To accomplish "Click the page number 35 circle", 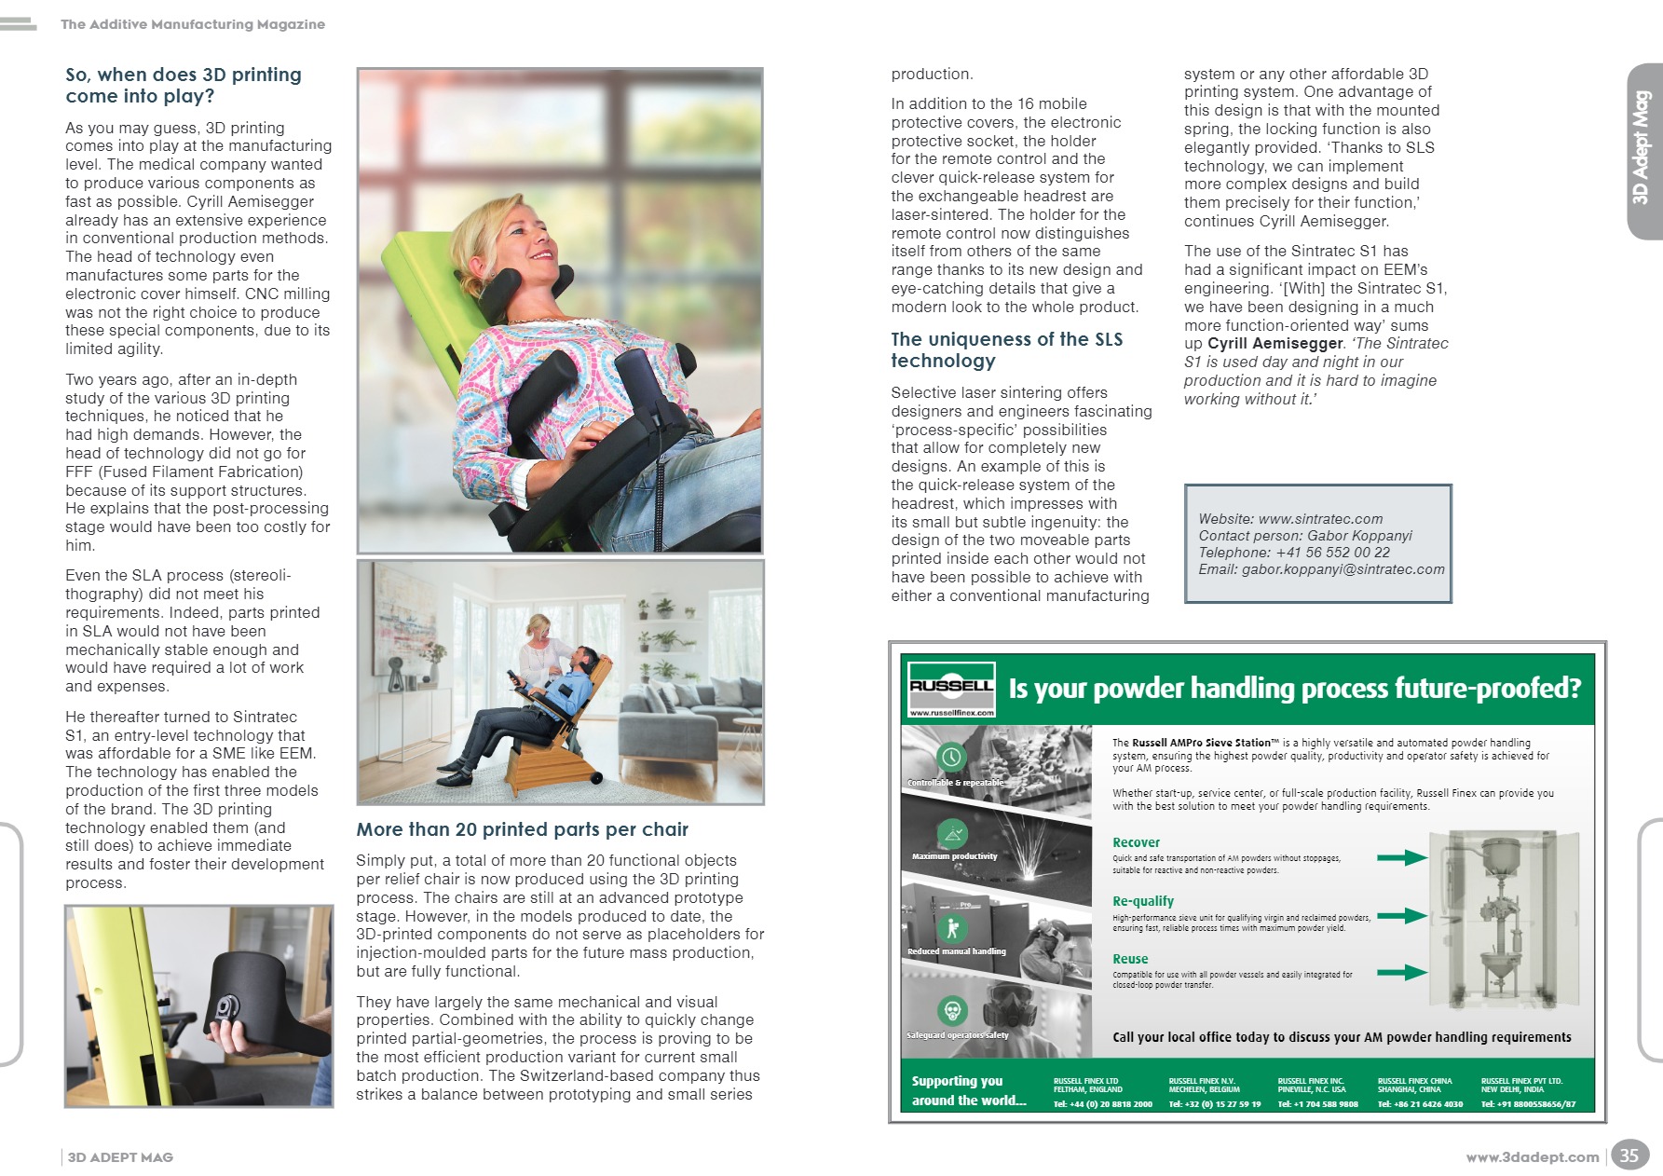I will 1629,1155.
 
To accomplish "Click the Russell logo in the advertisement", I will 951,687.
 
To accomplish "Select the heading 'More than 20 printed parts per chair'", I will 522,829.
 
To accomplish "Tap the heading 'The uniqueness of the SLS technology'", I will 1006,349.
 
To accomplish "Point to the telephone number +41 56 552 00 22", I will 1332,553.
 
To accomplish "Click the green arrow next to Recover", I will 1402,857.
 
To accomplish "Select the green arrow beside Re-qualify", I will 1402,915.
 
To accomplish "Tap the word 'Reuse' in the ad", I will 1130,959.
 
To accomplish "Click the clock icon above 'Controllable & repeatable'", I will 951,757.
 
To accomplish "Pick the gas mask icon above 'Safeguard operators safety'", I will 952,1010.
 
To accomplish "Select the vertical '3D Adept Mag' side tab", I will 1642,149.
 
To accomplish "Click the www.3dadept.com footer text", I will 1532,1157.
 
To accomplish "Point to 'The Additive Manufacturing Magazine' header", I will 193,24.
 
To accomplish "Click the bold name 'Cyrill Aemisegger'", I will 1275,343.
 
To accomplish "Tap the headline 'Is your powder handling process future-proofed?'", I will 1294,689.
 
